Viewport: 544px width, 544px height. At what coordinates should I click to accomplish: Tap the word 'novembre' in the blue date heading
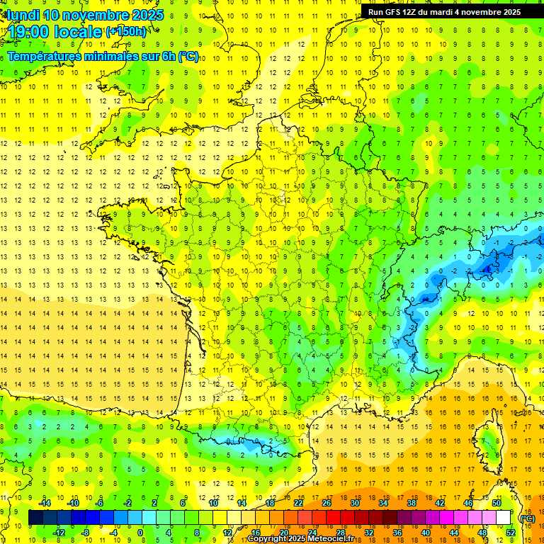[96, 15]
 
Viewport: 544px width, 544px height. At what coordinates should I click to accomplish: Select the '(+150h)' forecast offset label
[126, 31]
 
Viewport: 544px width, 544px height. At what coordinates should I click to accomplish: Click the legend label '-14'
[45, 503]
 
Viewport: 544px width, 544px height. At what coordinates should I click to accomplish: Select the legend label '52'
[510, 533]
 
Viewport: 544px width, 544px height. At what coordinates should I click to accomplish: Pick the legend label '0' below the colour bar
[140, 533]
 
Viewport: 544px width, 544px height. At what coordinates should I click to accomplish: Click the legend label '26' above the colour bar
[327, 503]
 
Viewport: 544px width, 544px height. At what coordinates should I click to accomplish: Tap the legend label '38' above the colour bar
[411, 503]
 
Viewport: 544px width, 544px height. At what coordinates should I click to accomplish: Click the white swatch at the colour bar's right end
[504, 518]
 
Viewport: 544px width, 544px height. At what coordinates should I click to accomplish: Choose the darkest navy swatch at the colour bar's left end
[35, 518]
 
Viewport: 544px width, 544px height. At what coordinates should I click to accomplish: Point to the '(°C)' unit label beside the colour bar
[528, 518]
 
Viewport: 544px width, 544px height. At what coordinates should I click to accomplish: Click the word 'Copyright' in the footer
[271, 539]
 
